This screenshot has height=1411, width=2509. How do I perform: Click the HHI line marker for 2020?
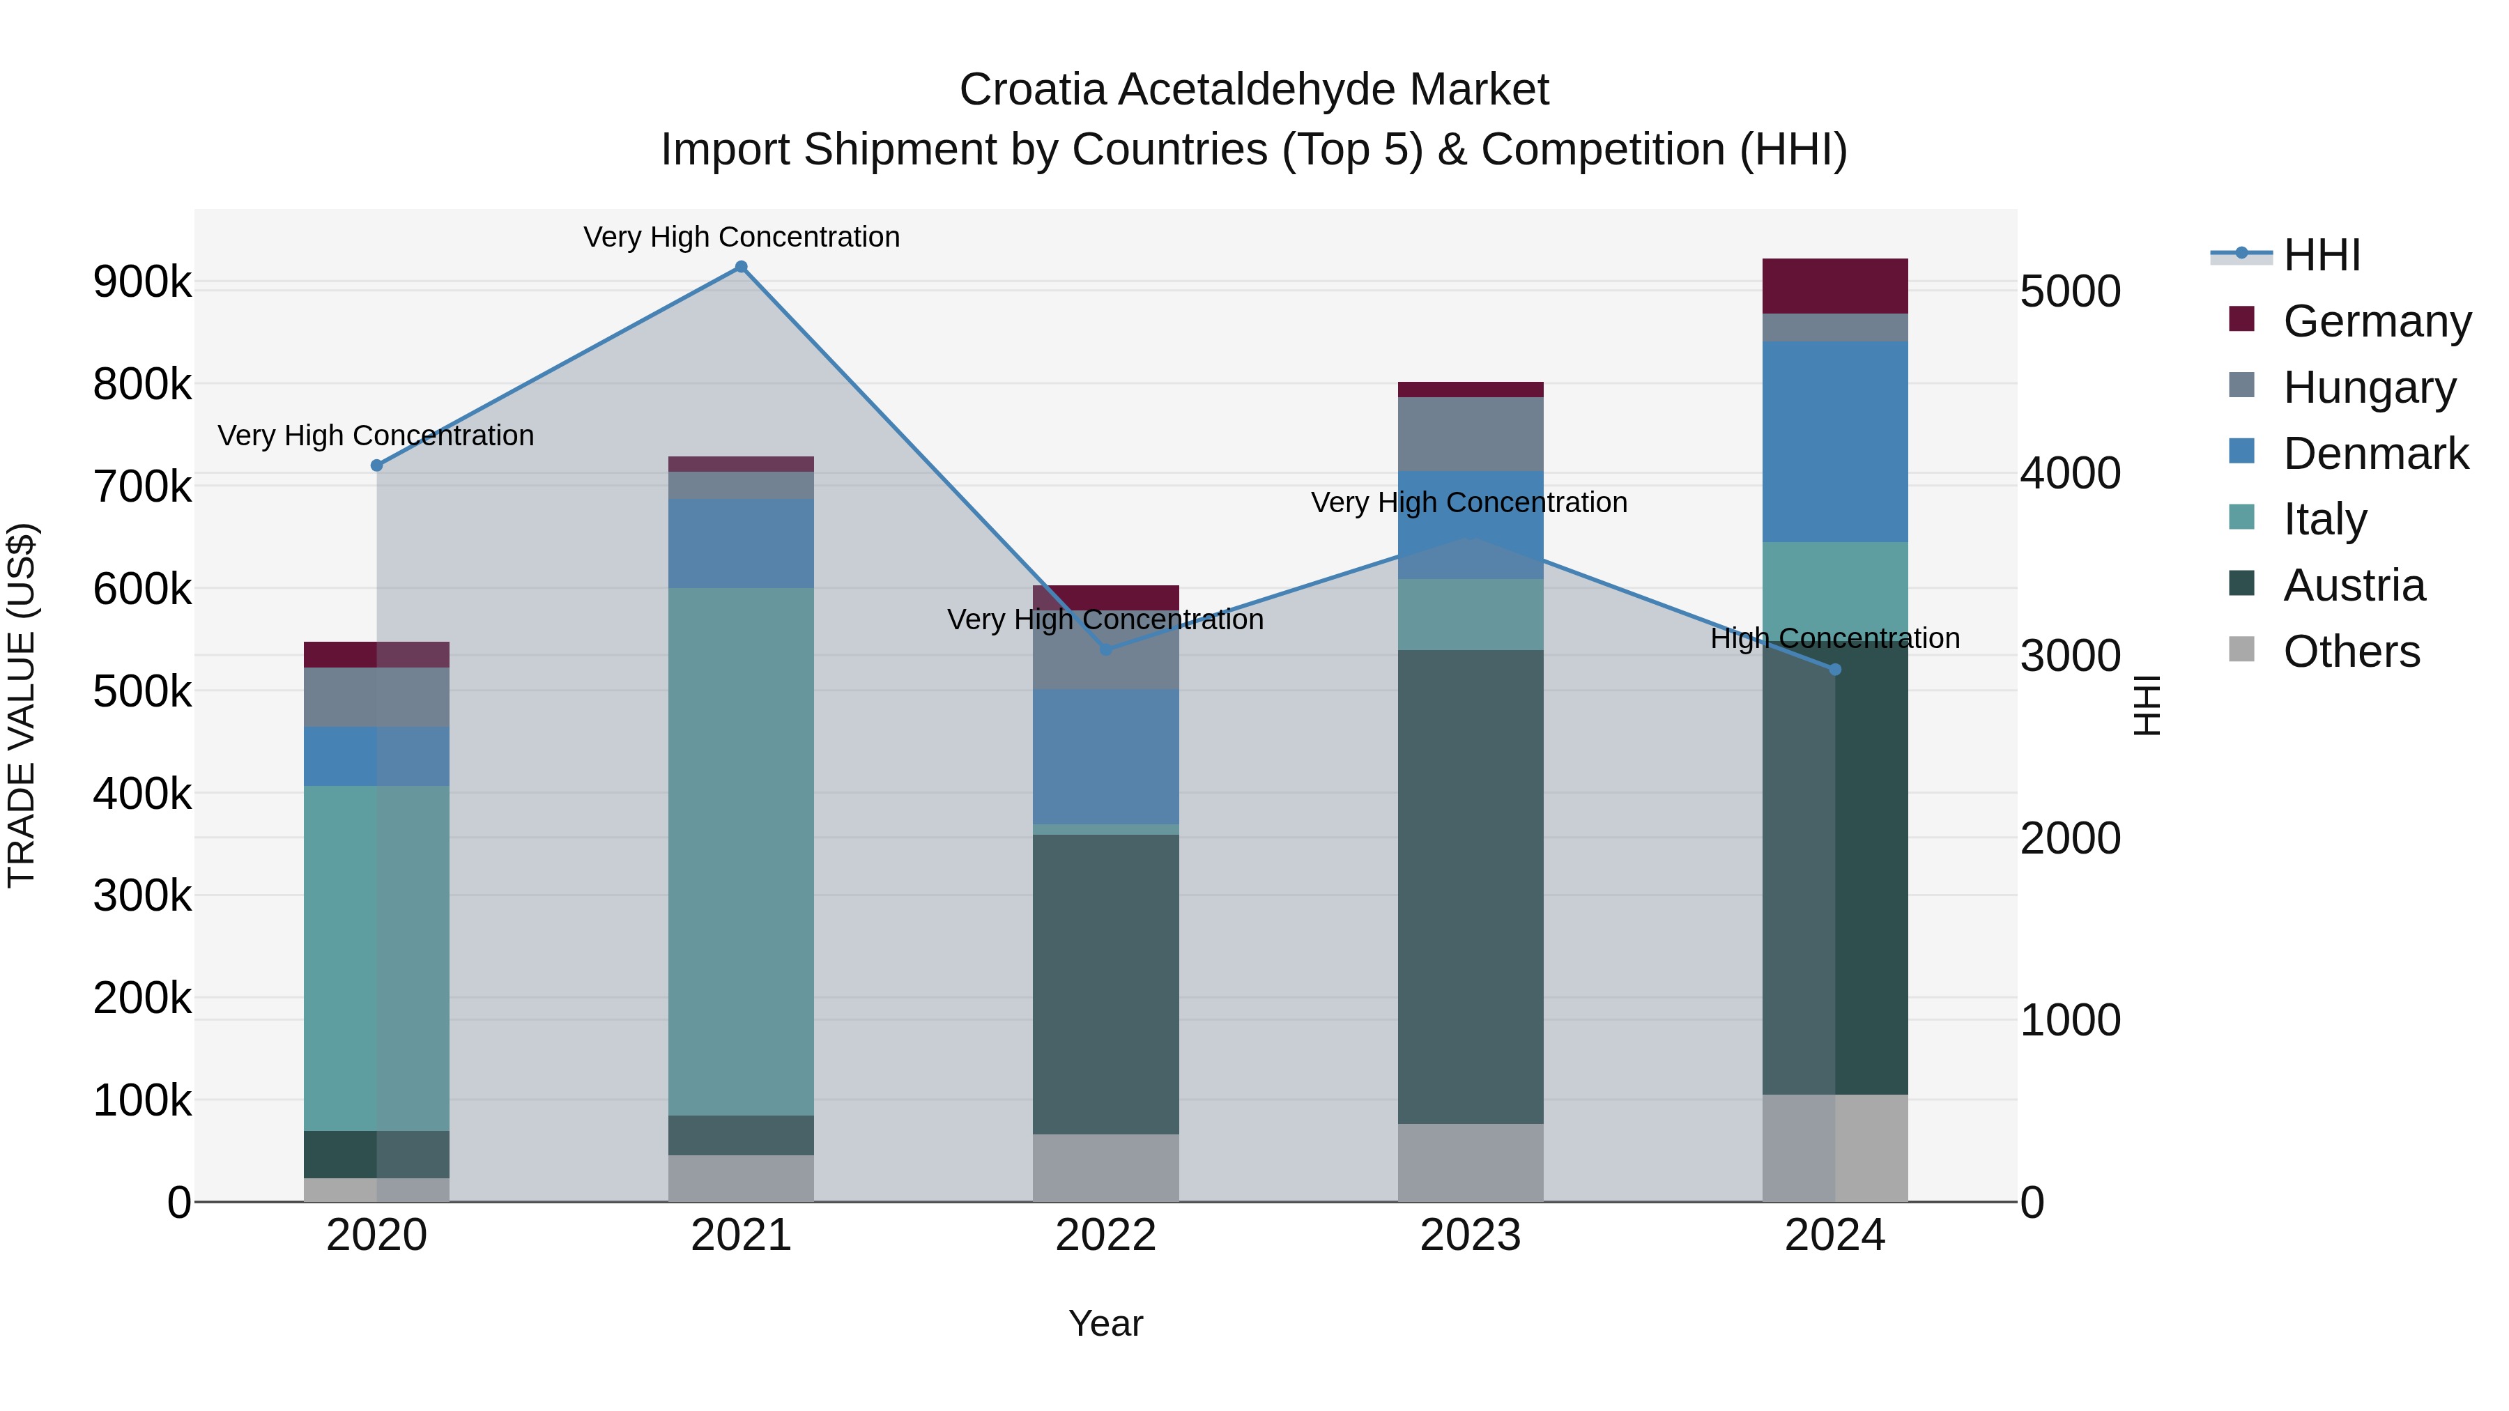pyautogui.click(x=377, y=465)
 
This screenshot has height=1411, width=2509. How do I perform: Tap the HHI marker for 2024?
pyautogui.click(x=1835, y=670)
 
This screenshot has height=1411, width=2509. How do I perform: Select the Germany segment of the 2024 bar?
pyautogui.click(x=1835, y=286)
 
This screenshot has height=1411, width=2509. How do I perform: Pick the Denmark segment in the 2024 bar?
pyautogui.click(x=1835, y=441)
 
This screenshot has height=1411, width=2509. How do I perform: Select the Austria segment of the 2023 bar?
pyautogui.click(x=1470, y=886)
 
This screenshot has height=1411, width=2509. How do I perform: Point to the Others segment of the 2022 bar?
pyautogui.click(x=1105, y=1168)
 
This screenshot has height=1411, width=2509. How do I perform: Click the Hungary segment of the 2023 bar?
pyautogui.click(x=1470, y=434)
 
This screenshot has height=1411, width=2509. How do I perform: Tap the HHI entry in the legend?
pyautogui.click(x=2322, y=255)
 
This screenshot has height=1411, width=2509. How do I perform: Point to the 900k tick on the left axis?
pyautogui.click(x=142, y=282)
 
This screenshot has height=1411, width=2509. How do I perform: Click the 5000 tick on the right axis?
pyautogui.click(x=2071, y=291)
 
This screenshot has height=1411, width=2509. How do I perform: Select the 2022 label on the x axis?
pyautogui.click(x=1105, y=1235)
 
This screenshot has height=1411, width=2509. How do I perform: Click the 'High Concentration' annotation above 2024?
pyautogui.click(x=1835, y=639)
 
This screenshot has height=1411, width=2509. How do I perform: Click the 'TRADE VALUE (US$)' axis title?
pyautogui.click(x=22, y=705)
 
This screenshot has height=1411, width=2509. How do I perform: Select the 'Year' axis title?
pyautogui.click(x=1105, y=1323)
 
